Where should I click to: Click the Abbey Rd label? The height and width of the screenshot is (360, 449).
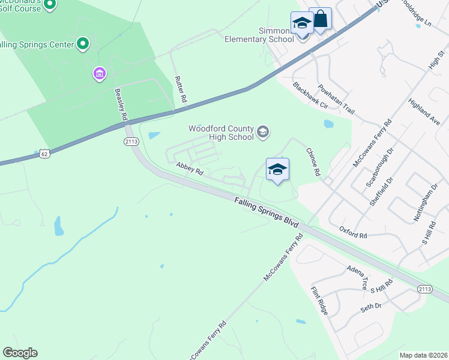coord(190,168)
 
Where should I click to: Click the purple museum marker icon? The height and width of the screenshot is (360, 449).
coord(99,74)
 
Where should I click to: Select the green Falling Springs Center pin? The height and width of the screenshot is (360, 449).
coord(83,44)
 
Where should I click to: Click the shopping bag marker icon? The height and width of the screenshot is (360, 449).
coord(321,19)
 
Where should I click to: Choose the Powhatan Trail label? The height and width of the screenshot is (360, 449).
coord(337,100)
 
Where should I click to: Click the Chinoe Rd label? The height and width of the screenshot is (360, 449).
coord(313,162)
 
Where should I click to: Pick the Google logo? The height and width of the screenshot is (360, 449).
coord(20,353)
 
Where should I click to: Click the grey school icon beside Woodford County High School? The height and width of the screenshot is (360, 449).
coord(263,132)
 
